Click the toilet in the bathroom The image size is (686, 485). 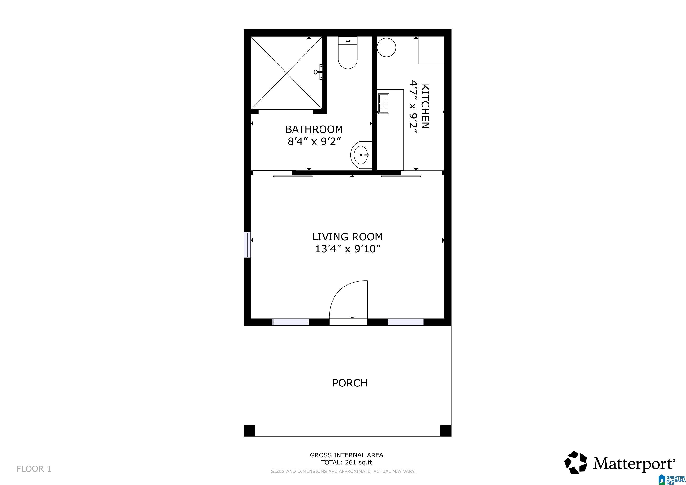(x=348, y=53)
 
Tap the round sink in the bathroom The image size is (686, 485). (x=361, y=155)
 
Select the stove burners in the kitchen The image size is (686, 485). (x=384, y=103)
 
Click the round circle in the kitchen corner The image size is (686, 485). (x=386, y=47)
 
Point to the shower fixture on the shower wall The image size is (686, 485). (x=319, y=72)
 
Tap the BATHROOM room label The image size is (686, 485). (x=314, y=129)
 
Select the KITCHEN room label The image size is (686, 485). (x=425, y=106)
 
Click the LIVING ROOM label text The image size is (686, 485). (x=348, y=237)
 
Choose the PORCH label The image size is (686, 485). (x=350, y=383)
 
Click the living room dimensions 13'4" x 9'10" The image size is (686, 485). (x=348, y=249)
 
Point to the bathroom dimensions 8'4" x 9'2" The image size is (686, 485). (x=314, y=141)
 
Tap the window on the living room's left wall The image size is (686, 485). (x=247, y=245)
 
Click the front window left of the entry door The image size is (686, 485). (x=290, y=322)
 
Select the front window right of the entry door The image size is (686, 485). (x=406, y=322)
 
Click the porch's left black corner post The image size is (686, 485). (x=249, y=430)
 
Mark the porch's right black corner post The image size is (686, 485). (x=446, y=430)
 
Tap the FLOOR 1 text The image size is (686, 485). (x=34, y=469)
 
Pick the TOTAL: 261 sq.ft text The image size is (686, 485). (x=347, y=463)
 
